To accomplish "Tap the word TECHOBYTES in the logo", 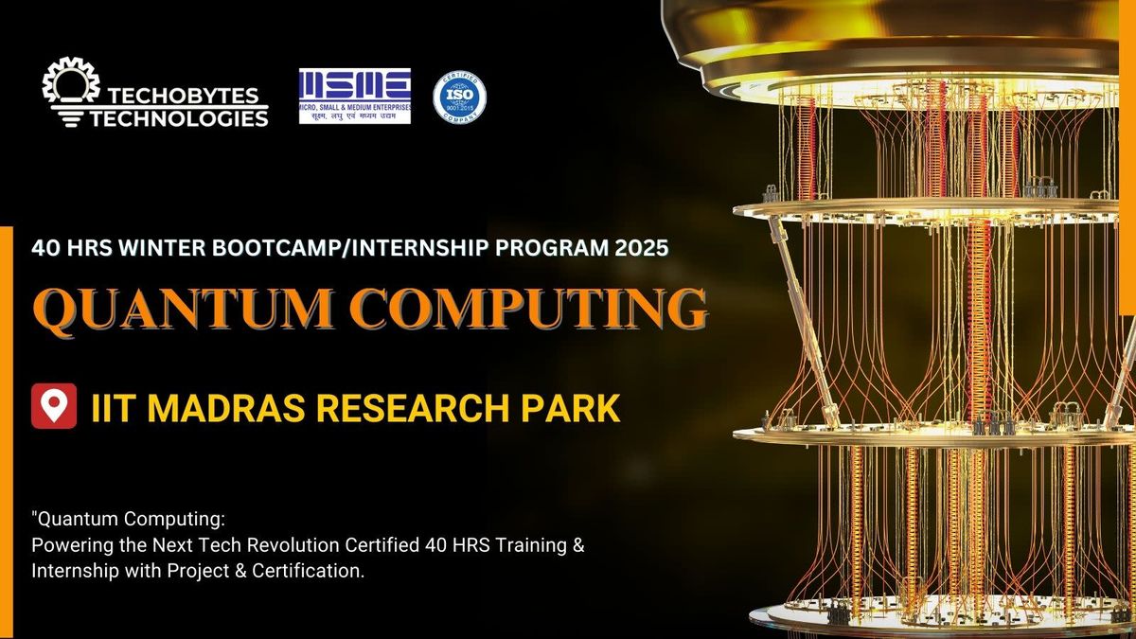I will [x=189, y=98].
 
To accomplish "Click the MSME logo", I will [x=354, y=96].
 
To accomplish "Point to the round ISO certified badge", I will [x=459, y=97].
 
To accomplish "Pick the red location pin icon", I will [x=54, y=406].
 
